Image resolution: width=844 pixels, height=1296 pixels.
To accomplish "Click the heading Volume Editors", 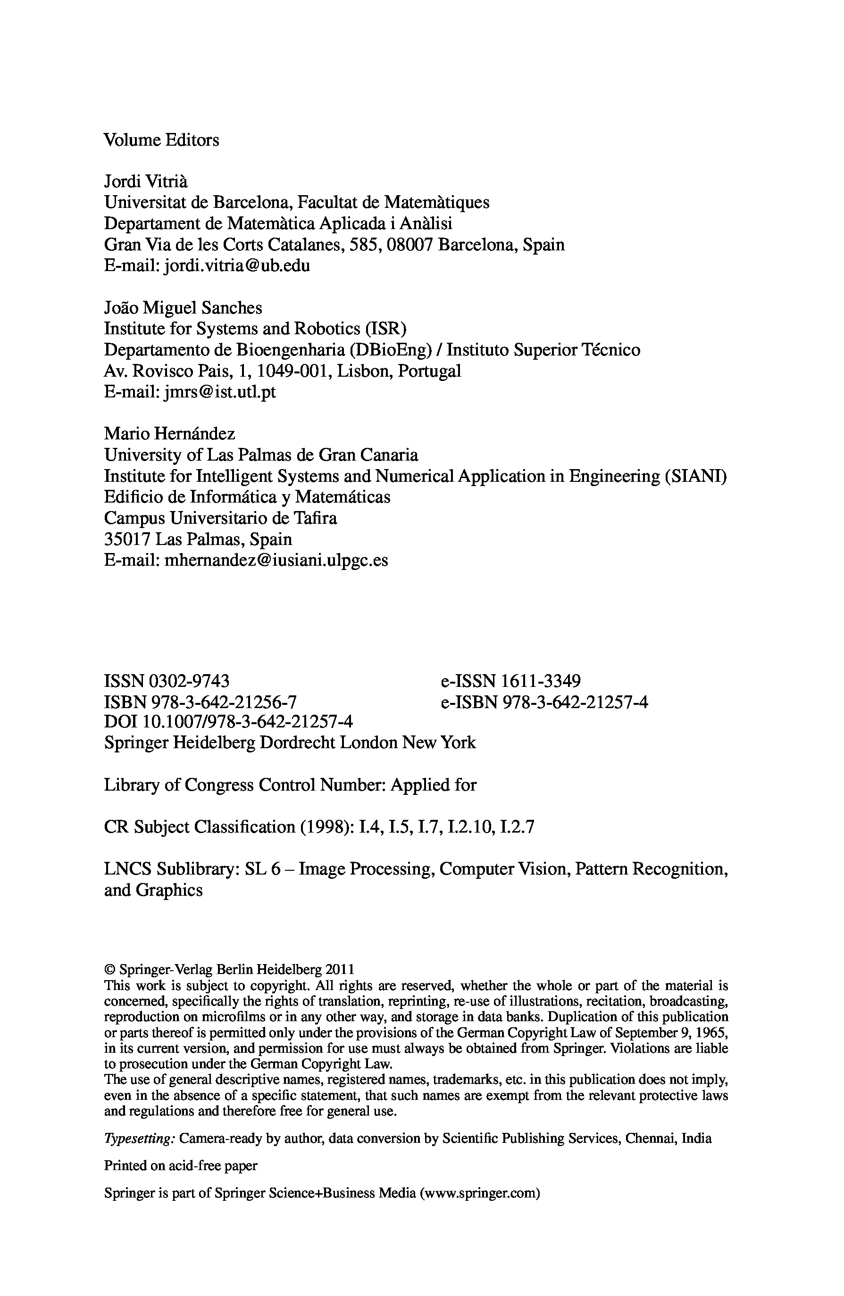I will (x=161, y=140).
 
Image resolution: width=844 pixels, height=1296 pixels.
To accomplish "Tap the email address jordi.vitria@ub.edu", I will (x=236, y=266).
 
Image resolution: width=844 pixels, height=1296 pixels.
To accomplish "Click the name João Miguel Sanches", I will (x=183, y=308).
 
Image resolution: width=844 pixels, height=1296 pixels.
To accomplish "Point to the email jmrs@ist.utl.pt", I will (x=219, y=392).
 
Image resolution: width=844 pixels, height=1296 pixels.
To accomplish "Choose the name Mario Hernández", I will (x=169, y=434).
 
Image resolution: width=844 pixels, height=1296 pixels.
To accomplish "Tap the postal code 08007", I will (x=409, y=245).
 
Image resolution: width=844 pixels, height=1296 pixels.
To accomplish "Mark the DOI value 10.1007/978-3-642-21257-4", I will (x=247, y=722).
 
